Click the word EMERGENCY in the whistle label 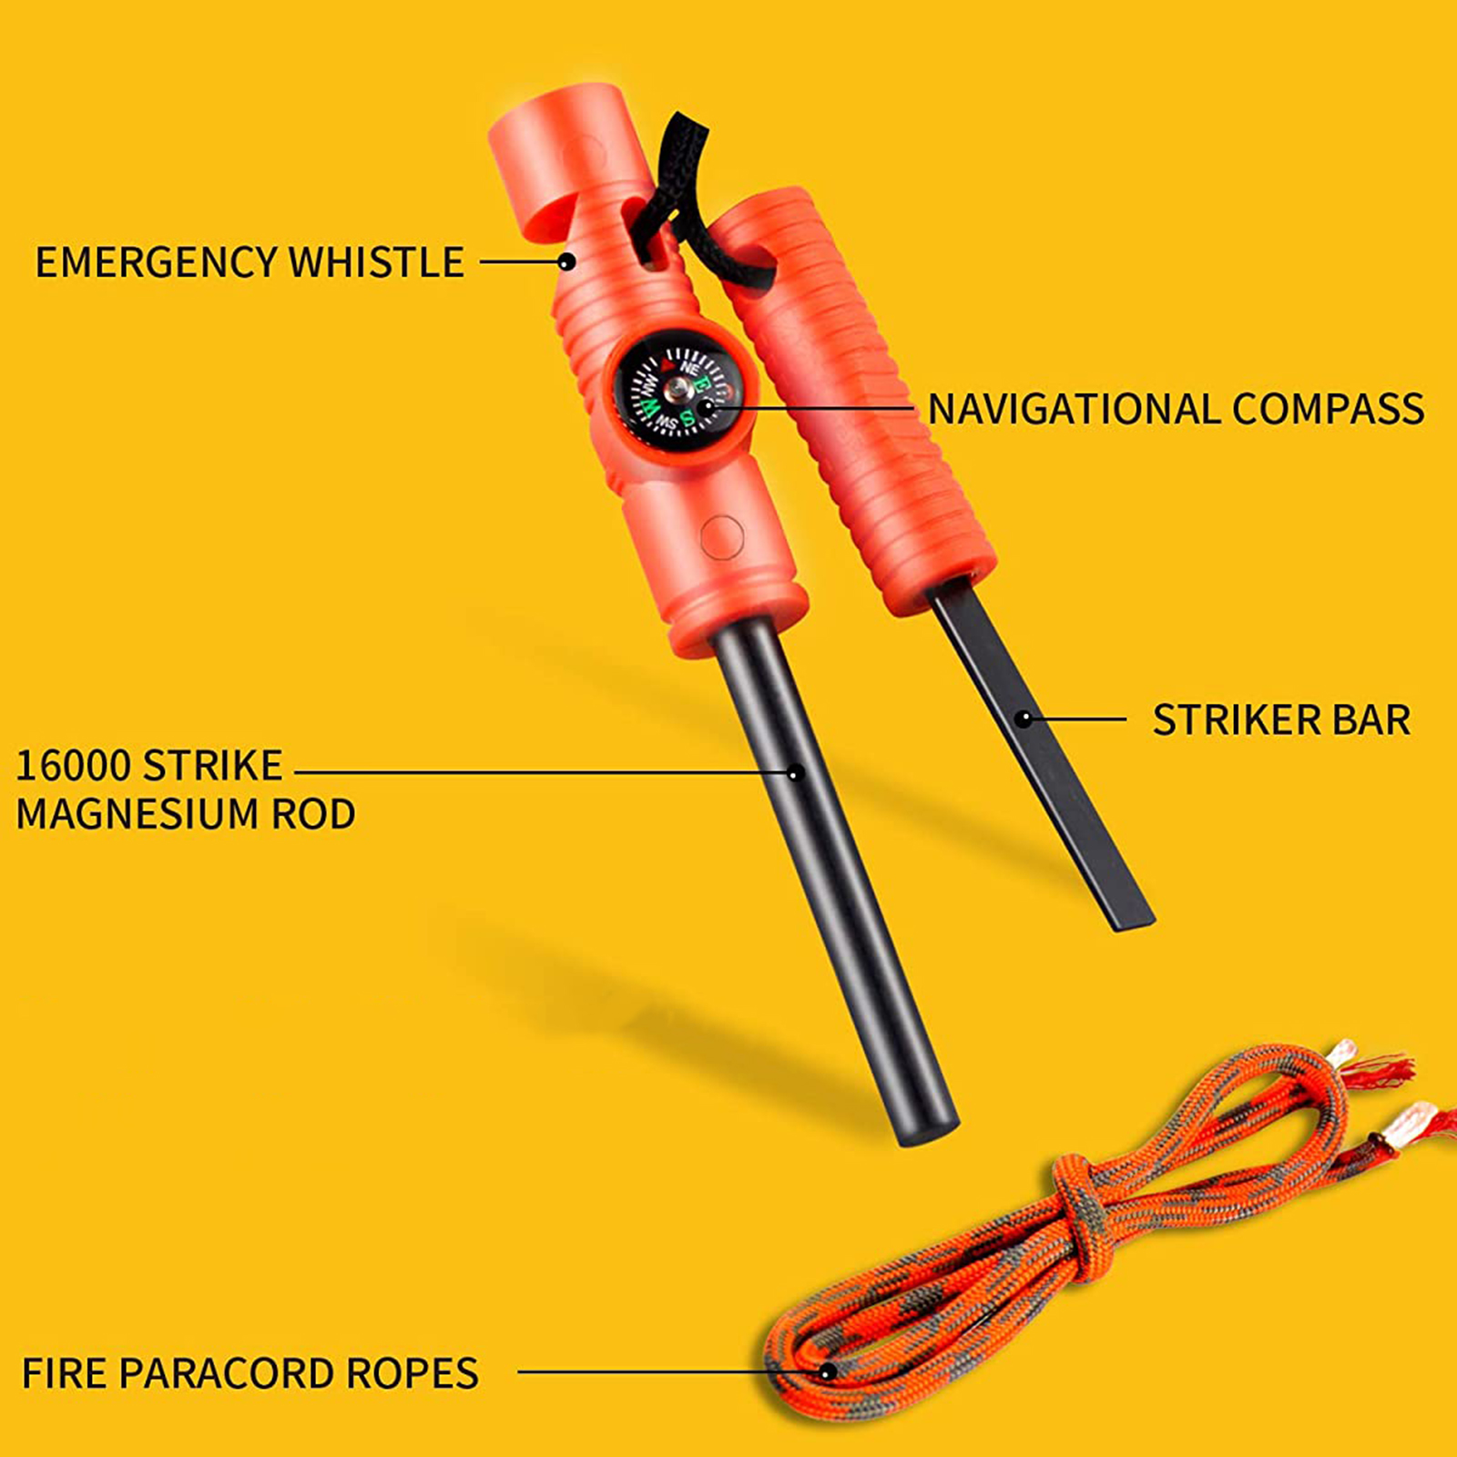(156, 262)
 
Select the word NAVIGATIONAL (1074, 409)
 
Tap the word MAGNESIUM (138, 814)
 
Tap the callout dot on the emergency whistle (566, 262)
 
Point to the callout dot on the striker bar (1024, 719)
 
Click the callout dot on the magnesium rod (795, 773)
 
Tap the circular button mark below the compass (722, 537)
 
